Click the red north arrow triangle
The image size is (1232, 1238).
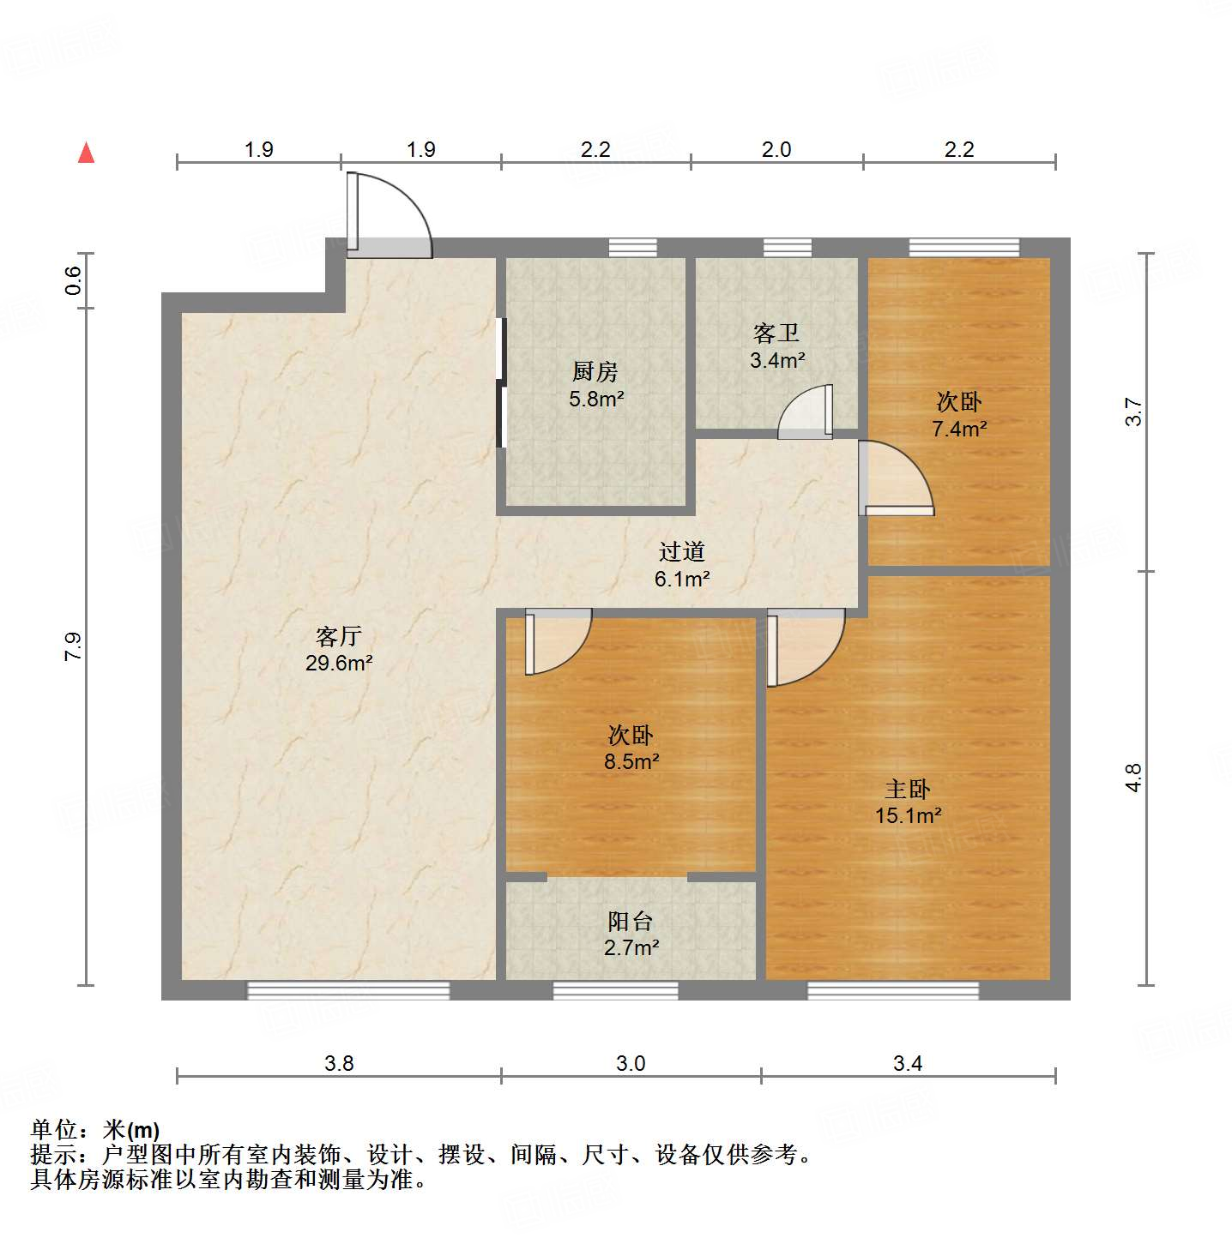tap(86, 153)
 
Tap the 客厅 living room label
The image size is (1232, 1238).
tap(338, 636)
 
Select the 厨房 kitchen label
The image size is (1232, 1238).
tap(595, 371)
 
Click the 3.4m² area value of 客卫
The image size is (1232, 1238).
tap(777, 361)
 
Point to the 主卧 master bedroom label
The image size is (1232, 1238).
tap(908, 788)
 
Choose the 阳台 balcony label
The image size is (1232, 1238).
tap(631, 921)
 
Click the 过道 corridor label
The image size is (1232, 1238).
tap(681, 551)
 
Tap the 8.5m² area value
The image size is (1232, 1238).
tap(631, 761)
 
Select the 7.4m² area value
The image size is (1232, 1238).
tap(959, 429)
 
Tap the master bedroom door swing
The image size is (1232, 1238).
tap(803, 646)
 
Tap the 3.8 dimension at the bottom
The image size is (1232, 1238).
tap(339, 1063)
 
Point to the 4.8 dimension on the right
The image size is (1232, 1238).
tap(1133, 778)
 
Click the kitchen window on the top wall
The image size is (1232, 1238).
tap(633, 248)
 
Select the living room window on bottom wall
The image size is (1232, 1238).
tap(348, 990)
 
